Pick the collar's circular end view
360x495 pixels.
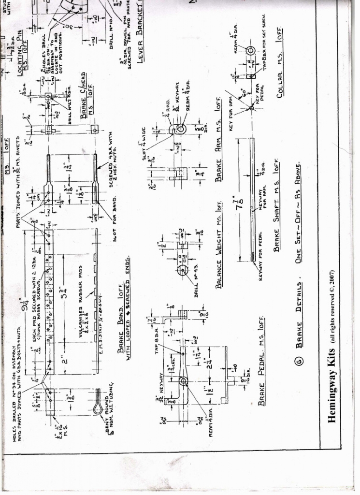pos(250,51)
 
